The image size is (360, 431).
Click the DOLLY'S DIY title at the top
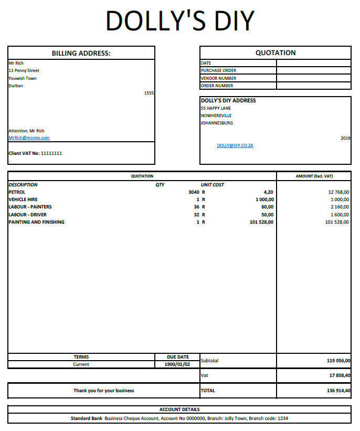click(179, 21)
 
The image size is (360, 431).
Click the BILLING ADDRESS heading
click(81, 53)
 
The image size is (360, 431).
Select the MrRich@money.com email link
click(29, 138)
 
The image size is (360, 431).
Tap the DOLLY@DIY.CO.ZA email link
click(235, 145)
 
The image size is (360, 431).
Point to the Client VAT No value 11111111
click(51, 153)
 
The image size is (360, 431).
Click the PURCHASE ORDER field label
click(218, 70)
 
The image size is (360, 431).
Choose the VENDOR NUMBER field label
click(218, 78)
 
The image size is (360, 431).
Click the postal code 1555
click(149, 93)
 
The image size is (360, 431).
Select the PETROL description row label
click(17, 192)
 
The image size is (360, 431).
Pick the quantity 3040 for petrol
click(194, 192)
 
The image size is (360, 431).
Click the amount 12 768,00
click(338, 192)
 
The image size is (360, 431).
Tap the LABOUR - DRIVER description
click(27, 215)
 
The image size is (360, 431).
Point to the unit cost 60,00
click(268, 207)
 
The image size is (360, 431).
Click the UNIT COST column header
click(213, 185)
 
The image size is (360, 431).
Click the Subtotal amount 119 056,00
click(338, 361)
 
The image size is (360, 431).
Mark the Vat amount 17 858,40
click(340, 375)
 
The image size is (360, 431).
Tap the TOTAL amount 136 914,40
click(338, 391)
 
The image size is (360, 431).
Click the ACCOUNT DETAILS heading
click(179, 409)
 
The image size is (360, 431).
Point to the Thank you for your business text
click(103, 391)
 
